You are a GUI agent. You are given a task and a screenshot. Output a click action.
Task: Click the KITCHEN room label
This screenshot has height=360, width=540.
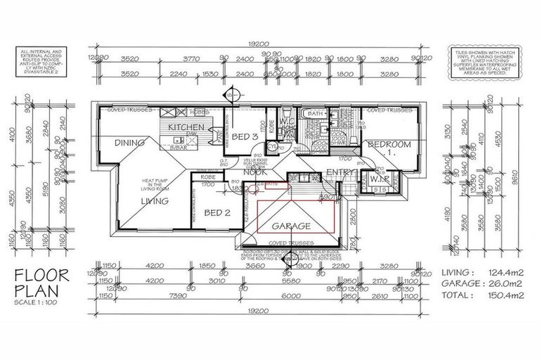(187, 127)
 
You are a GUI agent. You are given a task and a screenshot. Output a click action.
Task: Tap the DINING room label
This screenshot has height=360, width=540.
(129, 143)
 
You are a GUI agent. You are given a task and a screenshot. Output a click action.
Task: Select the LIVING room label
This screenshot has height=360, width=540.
(154, 201)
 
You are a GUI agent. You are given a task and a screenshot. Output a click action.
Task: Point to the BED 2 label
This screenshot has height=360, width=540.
(217, 212)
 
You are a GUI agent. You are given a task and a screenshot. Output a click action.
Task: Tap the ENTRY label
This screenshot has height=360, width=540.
(340, 172)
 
